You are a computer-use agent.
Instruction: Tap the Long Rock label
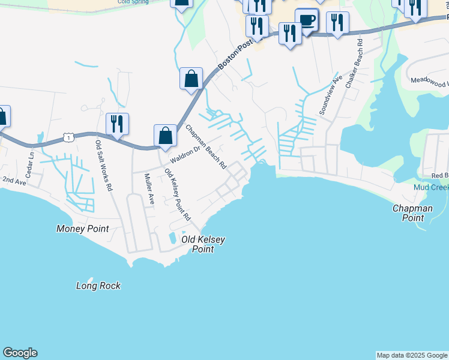tap(98, 286)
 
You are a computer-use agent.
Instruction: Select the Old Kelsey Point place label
tap(203, 244)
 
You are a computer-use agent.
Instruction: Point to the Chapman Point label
tap(412, 213)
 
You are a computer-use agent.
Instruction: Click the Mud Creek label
tap(431, 188)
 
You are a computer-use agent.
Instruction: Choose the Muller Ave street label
tap(148, 189)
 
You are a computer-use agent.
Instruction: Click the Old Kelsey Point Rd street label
tap(177, 195)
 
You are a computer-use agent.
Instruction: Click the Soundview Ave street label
tap(331, 95)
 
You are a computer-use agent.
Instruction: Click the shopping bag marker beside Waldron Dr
tap(165, 136)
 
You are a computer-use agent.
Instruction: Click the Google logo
tap(20, 353)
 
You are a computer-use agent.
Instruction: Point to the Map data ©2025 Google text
tap(412, 355)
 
